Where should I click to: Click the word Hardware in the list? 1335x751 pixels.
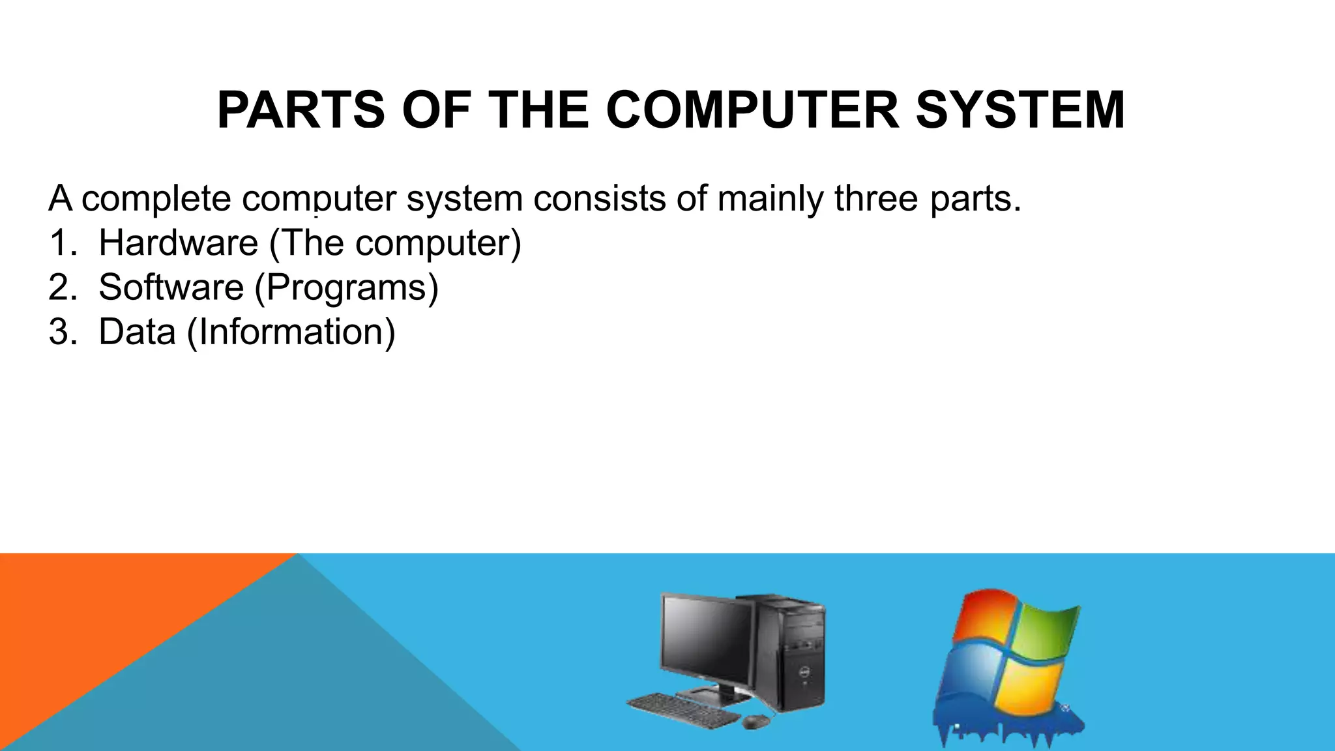pos(178,243)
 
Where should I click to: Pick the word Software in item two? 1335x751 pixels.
pos(171,287)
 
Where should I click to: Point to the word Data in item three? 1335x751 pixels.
pos(137,332)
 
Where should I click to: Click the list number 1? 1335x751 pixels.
pos(62,243)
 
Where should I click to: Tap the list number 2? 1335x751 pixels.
pos(62,287)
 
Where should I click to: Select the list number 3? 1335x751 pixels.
pos(62,332)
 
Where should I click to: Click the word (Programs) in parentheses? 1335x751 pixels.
pos(346,287)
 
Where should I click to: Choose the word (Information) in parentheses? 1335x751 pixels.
pos(291,332)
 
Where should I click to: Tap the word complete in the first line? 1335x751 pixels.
pos(156,198)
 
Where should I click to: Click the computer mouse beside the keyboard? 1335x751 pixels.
pos(754,722)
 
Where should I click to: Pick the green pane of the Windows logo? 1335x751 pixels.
pos(1043,632)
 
